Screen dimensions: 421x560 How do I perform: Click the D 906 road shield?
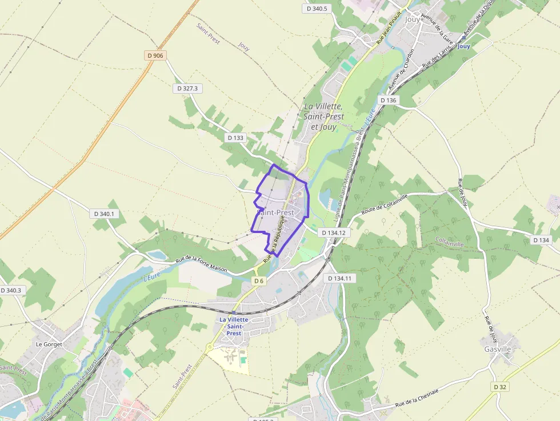pos(155,55)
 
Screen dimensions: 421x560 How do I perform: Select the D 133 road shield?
pos(235,138)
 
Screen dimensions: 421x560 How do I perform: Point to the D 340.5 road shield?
pos(317,9)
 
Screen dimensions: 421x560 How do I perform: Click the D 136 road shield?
pos(387,101)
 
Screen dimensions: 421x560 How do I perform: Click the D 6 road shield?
pos(259,280)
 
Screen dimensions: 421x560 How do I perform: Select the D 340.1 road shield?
pos(103,214)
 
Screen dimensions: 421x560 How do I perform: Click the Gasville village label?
pos(497,349)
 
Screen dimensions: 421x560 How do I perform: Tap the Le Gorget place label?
pos(49,344)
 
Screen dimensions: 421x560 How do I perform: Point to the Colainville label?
pos(450,243)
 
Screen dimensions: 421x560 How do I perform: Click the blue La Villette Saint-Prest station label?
pos(234,326)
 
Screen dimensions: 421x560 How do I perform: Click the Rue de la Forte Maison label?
pos(201,264)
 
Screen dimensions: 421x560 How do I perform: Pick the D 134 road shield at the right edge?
pos(541,240)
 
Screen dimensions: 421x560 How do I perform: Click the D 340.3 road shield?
pos(11,290)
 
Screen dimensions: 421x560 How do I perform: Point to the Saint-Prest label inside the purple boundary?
pos(277,212)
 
